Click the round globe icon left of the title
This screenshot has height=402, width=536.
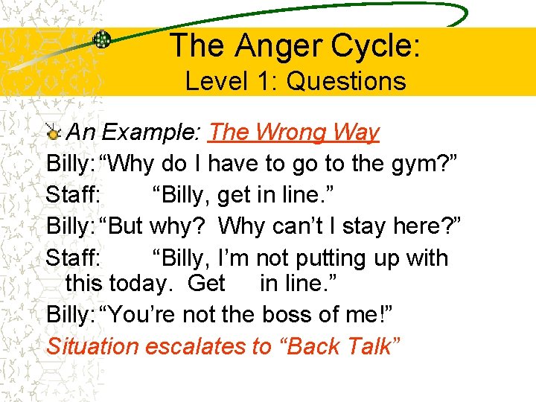(102, 39)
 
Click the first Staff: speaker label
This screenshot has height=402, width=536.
(72, 195)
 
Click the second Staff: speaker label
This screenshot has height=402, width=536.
(72, 258)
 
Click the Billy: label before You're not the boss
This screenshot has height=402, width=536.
(69, 315)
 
